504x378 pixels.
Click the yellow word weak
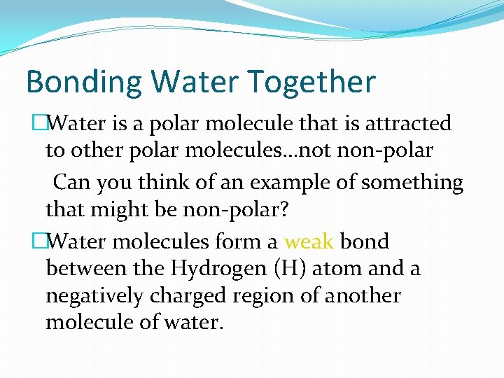(309, 241)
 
